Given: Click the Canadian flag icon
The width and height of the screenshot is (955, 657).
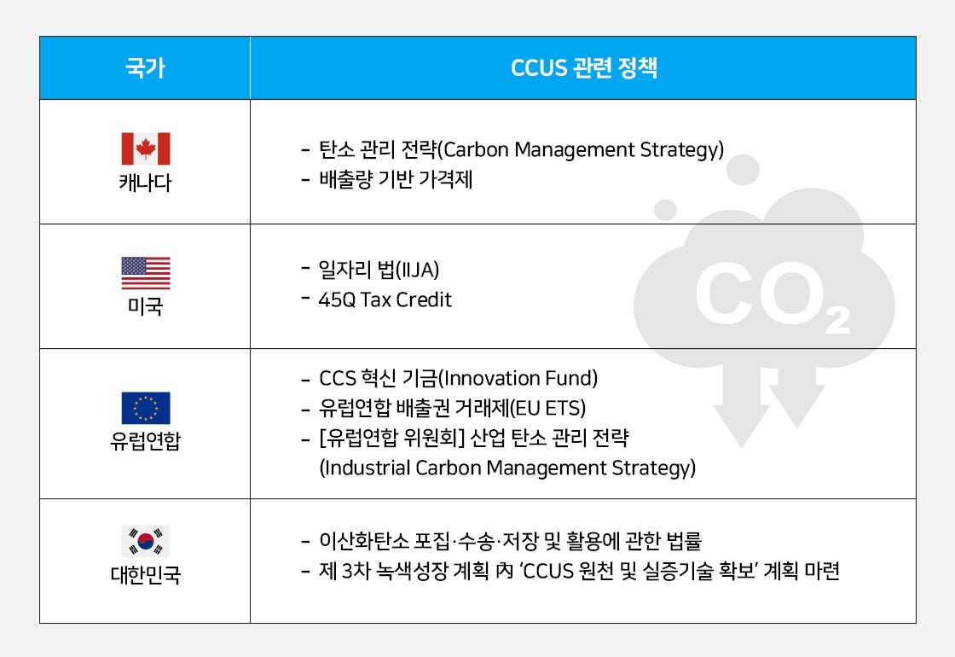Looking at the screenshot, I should click(146, 148).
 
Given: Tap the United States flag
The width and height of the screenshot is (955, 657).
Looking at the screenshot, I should click(146, 273).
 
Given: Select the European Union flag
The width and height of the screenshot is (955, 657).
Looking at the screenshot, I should click(146, 408).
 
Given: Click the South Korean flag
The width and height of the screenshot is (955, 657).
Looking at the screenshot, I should click(146, 541).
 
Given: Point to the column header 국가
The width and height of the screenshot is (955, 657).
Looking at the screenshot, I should click(145, 68).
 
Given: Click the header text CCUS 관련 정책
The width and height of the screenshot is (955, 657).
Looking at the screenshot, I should click(583, 68).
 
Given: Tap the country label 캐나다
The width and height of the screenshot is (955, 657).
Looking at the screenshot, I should click(146, 183).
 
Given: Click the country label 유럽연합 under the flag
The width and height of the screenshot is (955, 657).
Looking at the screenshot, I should click(146, 442).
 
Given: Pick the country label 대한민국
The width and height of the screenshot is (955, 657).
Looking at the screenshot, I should click(146, 575).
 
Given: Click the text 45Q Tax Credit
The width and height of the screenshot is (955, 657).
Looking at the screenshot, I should click(385, 299).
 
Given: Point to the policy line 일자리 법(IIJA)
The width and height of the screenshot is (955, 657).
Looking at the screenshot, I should click(379, 270).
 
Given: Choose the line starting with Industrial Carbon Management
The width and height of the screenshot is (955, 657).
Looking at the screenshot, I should click(507, 468).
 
